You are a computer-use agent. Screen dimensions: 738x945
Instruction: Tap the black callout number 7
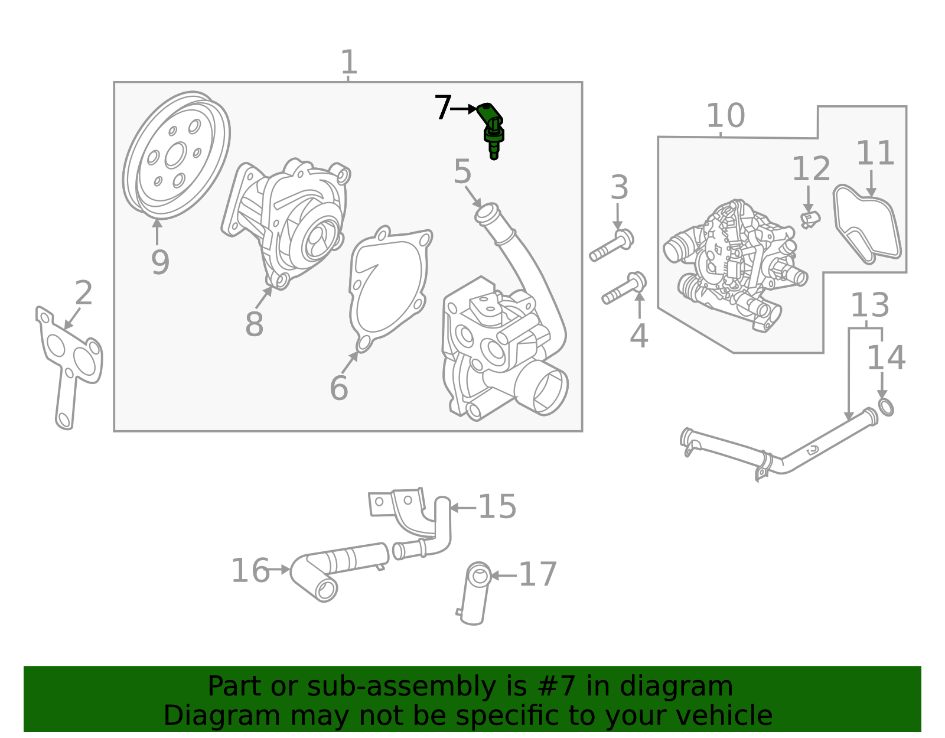pos(443,108)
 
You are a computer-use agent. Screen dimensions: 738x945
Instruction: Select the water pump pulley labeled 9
pos(175,155)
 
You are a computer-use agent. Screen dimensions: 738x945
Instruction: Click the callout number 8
pos(254,324)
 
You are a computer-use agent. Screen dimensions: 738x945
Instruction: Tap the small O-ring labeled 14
pos(885,407)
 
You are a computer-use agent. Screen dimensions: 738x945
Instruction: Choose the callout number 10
pos(725,116)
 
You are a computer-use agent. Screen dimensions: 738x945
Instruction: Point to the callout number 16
pos(250,571)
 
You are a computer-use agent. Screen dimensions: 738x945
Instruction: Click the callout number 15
pos(497,507)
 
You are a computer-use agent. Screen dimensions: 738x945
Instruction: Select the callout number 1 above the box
pos(349,62)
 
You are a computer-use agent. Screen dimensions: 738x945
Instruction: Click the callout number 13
pos(869,305)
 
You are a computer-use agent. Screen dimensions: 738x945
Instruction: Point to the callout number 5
pos(462,172)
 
